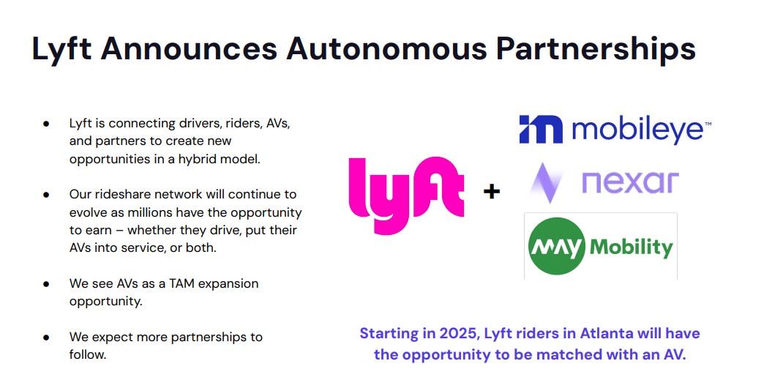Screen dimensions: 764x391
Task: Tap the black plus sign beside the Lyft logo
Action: [492, 192]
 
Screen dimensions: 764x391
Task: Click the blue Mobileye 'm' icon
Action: [541, 129]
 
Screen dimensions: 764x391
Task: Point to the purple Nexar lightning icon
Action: [545, 183]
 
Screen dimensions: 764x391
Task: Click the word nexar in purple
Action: [630, 182]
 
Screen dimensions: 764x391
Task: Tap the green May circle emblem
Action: [556, 246]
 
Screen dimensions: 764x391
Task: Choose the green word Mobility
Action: [632, 247]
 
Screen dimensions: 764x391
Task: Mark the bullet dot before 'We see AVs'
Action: [46, 283]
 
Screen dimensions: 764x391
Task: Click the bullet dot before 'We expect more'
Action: [46, 338]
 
